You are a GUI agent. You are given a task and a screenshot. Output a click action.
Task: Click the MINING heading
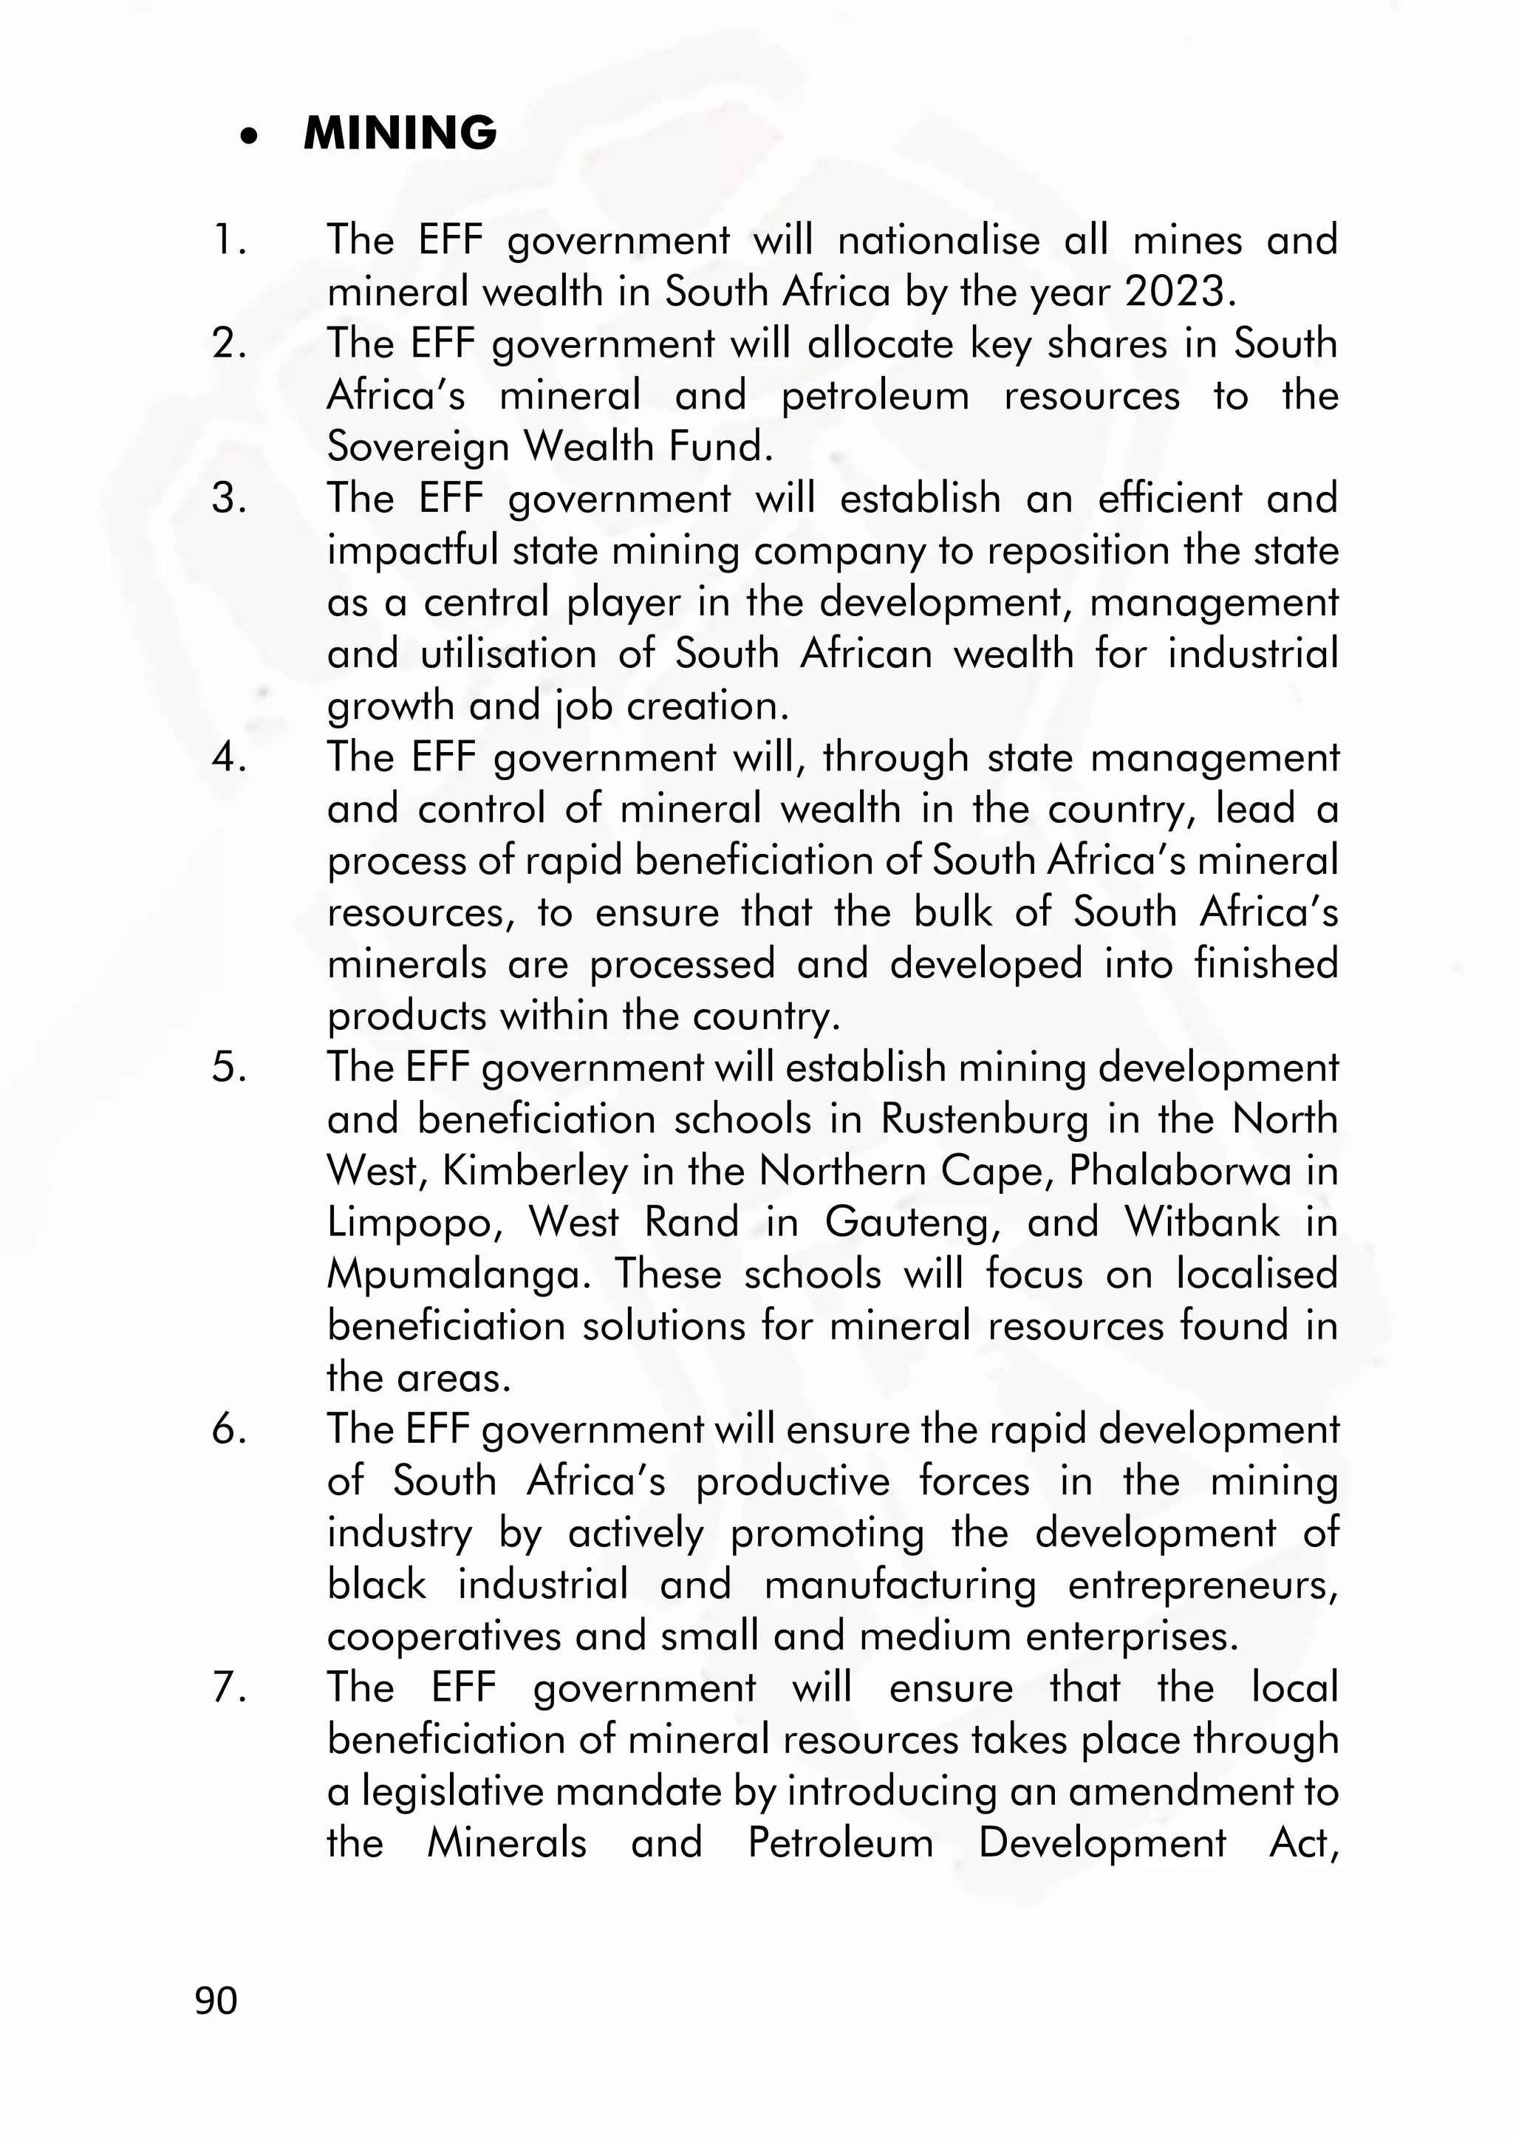click(400, 133)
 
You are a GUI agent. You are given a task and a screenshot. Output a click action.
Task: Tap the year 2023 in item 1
click(1181, 293)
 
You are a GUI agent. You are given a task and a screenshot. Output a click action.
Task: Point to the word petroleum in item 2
click(875, 397)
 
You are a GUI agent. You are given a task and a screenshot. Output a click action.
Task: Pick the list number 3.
click(229, 499)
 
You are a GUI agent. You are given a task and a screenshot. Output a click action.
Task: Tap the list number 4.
click(229, 757)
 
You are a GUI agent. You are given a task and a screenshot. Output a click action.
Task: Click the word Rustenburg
click(984, 1118)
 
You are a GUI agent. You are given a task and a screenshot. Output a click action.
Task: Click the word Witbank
click(1202, 1222)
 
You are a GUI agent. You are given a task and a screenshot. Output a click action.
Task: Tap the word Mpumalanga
click(458, 1274)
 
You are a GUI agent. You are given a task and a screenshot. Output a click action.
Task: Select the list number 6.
click(229, 1429)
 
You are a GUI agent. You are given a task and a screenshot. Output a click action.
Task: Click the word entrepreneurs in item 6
click(1202, 1585)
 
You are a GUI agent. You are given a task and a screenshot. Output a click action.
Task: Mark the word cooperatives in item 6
click(443, 1636)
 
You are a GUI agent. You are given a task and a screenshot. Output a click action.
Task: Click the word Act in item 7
click(1303, 1842)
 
